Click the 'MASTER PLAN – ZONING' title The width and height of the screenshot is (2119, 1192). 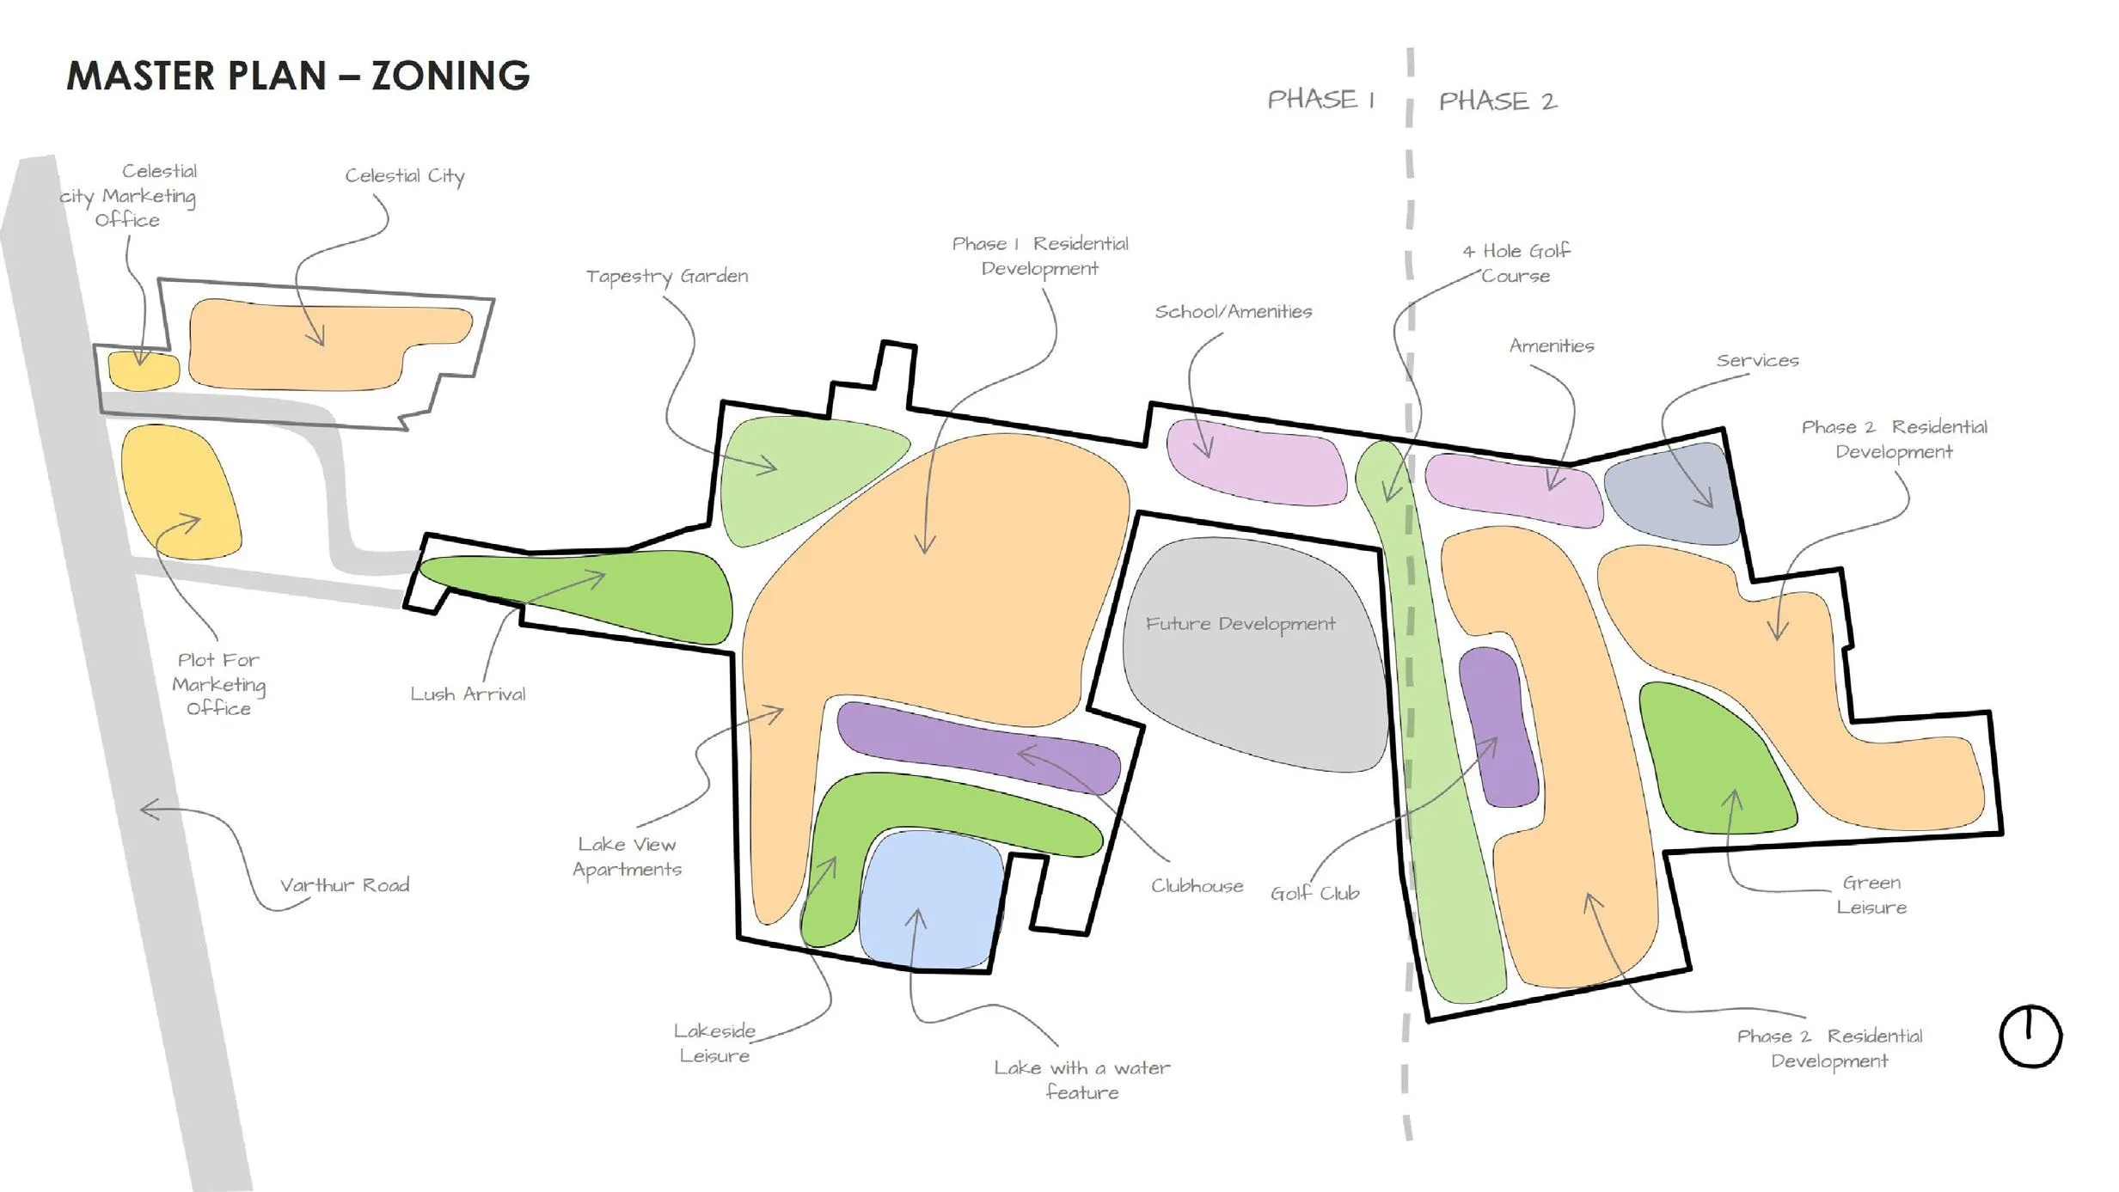297,76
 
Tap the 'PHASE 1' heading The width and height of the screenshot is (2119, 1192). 1320,100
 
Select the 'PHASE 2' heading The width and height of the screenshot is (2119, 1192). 1497,101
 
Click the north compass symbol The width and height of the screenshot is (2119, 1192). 2030,1036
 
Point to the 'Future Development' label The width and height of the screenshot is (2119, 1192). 1240,624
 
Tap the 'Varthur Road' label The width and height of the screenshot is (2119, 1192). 344,885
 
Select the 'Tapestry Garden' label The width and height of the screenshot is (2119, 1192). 666,276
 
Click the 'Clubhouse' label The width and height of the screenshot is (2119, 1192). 1197,886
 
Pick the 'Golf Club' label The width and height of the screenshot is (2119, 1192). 1314,894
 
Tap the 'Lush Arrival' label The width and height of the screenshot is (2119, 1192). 468,694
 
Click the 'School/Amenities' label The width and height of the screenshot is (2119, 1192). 1233,311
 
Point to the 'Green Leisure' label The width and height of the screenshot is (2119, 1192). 1871,895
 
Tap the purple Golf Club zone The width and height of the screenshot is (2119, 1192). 1498,726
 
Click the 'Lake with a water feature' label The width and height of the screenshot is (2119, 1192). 1081,1079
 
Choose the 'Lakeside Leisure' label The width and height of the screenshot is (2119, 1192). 714,1042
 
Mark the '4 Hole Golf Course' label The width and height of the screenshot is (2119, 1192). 1516,263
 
